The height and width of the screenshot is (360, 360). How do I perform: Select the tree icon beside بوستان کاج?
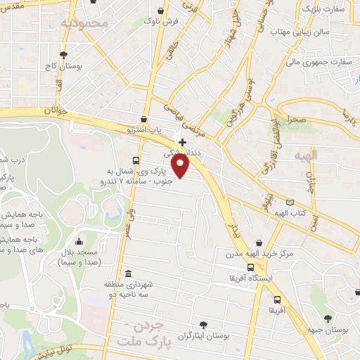tap(64, 54)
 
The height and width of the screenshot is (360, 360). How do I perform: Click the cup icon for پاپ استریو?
tap(144, 120)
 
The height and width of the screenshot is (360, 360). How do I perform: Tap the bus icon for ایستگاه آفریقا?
tap(251, 267)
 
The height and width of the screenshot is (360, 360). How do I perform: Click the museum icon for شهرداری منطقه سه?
tap(127, 274)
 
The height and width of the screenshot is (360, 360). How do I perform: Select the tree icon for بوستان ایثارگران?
tap(203, 325)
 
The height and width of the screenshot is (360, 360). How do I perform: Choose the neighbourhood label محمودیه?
tap(85, 23)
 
